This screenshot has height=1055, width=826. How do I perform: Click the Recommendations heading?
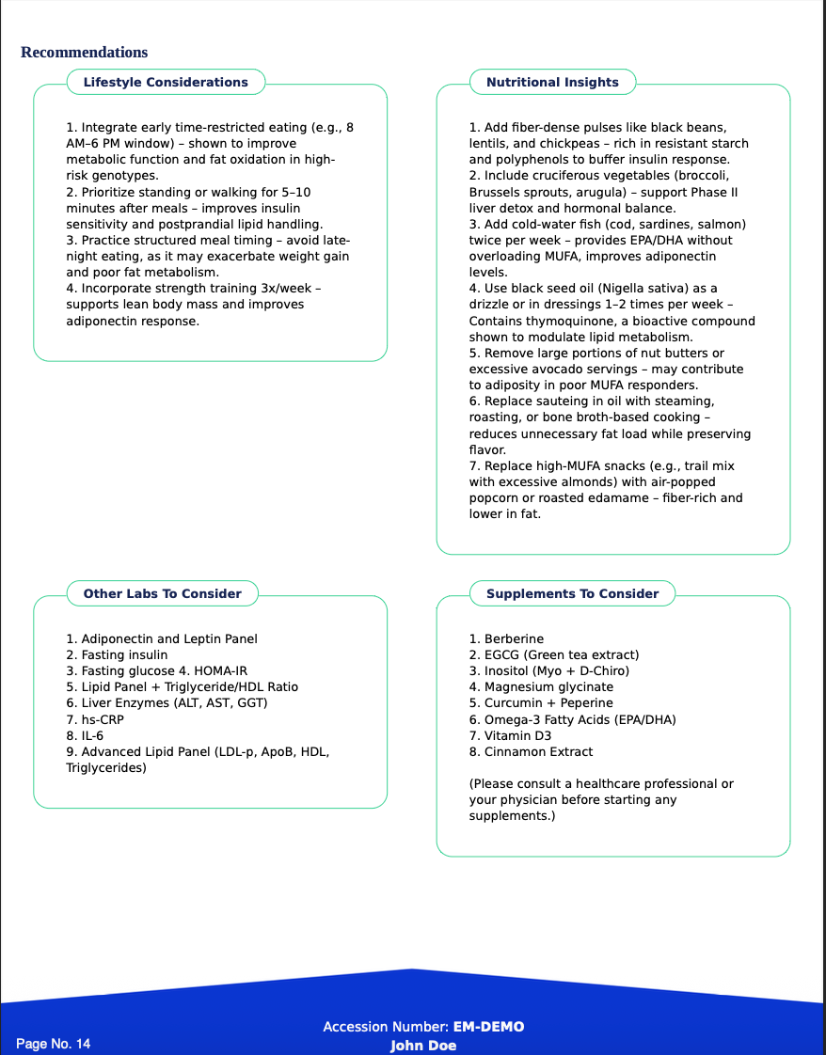(84, 53)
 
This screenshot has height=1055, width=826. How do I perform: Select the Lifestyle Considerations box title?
(166, 83)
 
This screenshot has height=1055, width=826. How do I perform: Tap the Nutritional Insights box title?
(552, 83)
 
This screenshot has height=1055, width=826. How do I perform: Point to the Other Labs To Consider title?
(162, 594)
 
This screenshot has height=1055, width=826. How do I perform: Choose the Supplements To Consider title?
(572, 594)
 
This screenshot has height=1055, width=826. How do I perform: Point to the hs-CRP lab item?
(95, 720)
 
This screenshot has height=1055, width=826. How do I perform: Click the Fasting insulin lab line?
(117, 655)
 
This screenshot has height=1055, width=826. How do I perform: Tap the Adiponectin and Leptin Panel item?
(161, 639)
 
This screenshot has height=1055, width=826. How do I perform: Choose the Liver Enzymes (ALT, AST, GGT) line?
(167, 703)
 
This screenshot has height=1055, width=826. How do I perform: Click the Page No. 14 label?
(54, 1044)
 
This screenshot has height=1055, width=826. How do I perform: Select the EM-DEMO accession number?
(488, 1027)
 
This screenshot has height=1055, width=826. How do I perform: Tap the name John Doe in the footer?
(423, 1046)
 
